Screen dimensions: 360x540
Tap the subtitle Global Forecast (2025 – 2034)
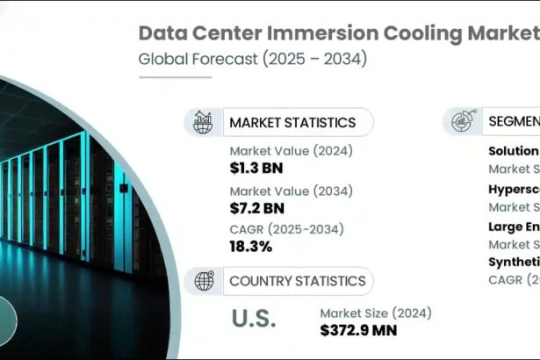[x=252, y=60]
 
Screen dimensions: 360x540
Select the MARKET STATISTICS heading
[x=292, y=122]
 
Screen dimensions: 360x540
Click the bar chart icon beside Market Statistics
[x=203, y=122]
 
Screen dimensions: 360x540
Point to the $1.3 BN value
[x=256, y=167]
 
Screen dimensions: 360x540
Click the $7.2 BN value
[x=257, y=208]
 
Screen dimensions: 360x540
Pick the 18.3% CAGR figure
[x=250, y=247]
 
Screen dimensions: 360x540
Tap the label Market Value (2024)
[x=291, y=150]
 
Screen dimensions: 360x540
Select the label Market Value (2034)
[x=291, y=191]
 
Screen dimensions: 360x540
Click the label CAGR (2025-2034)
[x=286, y=230]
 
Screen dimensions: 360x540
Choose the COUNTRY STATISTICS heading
[x=297, y=281]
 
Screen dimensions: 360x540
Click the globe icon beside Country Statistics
[x=203, y=281]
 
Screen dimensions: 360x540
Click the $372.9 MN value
[x=358, y=330]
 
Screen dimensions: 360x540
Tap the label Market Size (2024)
[x=375, y=313]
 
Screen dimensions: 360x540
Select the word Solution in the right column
[x=514, y=150]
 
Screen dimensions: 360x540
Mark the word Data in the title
[x=167, y=33]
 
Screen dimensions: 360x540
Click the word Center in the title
[x=235, y=33]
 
